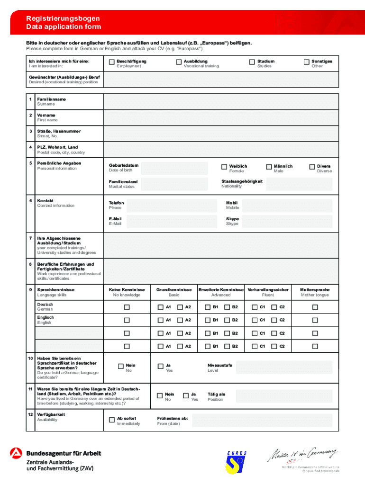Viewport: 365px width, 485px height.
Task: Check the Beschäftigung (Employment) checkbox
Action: click(112, 62)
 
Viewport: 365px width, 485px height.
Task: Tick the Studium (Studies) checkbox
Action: click(252, 62)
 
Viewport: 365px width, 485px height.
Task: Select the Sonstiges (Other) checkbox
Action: click(307, 62)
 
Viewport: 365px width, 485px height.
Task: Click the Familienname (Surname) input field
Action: click(221, 101)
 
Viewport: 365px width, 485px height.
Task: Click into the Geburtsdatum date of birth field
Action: click(174, 168)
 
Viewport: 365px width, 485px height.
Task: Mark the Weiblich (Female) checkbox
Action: click(224, 167)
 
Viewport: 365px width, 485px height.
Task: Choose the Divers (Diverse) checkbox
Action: click(312, 167)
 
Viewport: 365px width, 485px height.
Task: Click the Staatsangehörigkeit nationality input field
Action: click(300, 184)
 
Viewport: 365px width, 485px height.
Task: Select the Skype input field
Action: click(287, 221)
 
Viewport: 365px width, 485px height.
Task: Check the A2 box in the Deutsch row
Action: click(180, 307)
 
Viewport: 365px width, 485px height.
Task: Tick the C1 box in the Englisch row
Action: click(255, 320)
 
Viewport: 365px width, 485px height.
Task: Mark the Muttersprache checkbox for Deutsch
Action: click(315, 307)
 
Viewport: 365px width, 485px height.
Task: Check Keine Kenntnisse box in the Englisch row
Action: click(127, 320)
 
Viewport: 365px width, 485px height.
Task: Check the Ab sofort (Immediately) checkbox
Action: click(112, 419)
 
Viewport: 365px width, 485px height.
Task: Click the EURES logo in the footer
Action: click(236, 462)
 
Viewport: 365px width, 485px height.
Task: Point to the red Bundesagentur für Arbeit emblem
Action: click(16, 453)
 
